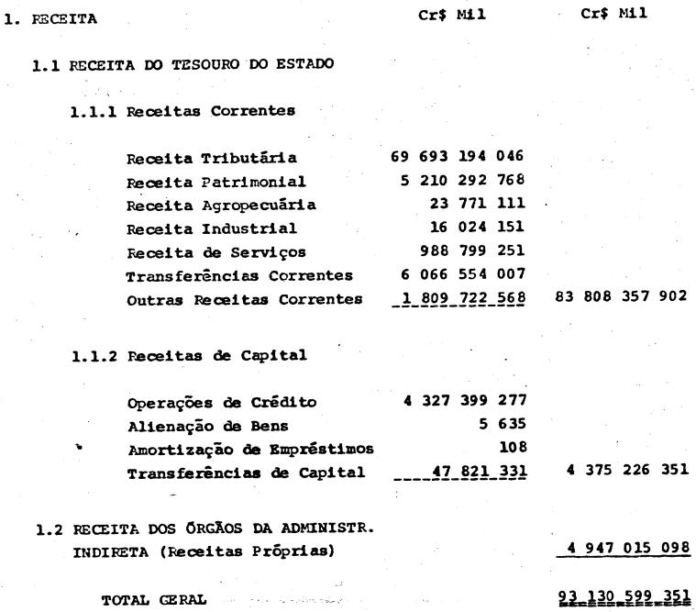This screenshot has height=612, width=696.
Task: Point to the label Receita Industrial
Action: point(196,228)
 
